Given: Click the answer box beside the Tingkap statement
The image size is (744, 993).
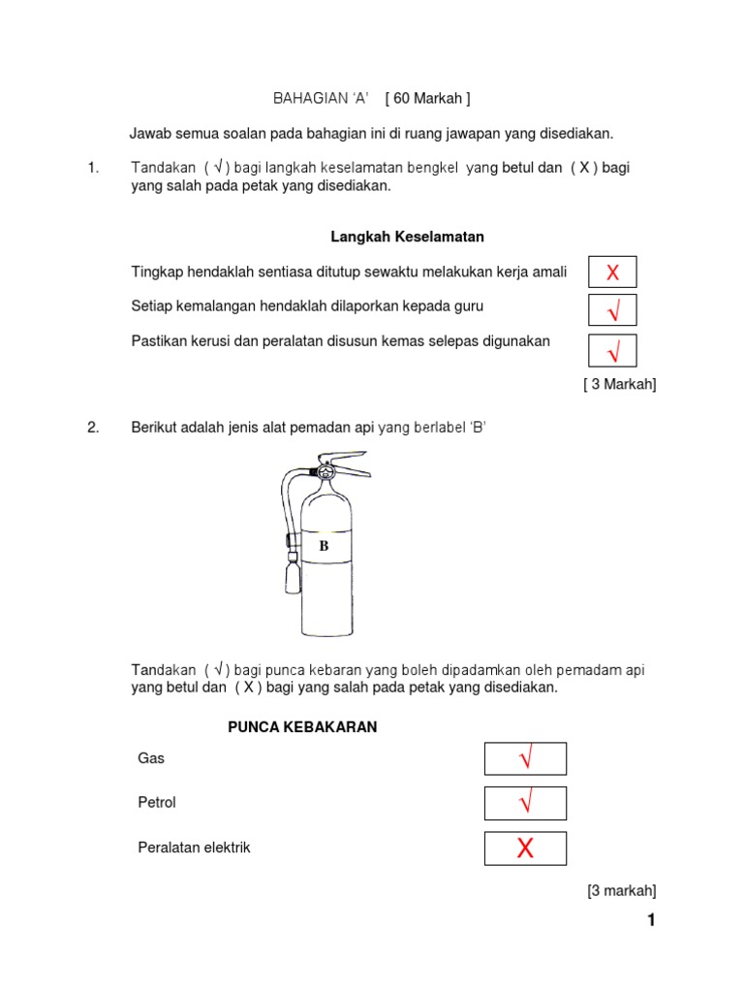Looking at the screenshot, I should pos(612,272).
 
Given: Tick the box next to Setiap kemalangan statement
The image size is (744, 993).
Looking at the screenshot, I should pos(612,310).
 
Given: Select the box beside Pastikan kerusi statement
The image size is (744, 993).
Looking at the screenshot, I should pos(612,349).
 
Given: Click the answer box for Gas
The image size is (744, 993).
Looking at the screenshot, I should pos(525,758).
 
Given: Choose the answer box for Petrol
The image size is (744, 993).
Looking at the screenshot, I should pos(525,803).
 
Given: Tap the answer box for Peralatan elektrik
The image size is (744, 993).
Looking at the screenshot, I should pos(525,849).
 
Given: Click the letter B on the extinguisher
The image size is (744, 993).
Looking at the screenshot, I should pos(325,546).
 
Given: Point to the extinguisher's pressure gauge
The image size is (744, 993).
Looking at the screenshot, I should pos(325,471).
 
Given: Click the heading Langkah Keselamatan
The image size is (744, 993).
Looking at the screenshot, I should pos(407,237).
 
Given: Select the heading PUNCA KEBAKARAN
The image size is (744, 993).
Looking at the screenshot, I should pos(302,727).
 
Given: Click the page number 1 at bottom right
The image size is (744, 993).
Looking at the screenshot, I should pos(651,920).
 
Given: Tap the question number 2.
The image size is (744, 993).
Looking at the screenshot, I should pos(93,428).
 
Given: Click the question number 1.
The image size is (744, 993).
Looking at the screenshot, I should pos(93,168).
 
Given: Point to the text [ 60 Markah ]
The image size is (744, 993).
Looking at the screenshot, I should pos(427,99).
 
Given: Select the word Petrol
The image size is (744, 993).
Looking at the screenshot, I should pos(157,803).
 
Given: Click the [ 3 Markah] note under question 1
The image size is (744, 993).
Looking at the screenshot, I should pos(620,385).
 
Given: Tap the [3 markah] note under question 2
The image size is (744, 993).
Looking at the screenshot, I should pos(621,890).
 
